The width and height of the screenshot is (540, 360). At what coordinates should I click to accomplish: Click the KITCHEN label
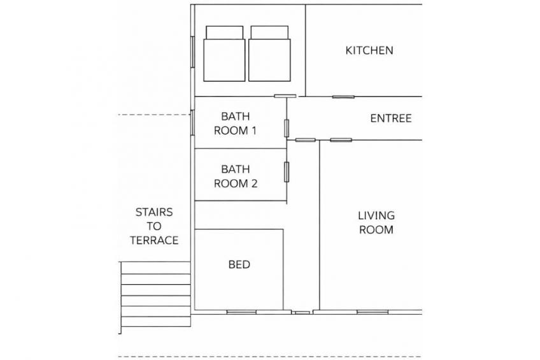[369, 50]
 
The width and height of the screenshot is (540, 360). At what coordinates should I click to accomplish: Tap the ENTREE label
[391, 119]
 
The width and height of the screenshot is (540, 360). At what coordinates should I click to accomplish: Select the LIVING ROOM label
[376, 222]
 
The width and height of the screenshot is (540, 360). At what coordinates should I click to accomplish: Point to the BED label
[239, 264]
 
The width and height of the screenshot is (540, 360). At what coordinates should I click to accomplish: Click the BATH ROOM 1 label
[235, 124]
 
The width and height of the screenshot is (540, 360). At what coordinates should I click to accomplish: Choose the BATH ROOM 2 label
[236, 176]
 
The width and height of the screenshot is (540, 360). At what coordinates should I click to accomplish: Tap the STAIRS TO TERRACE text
[154, 226]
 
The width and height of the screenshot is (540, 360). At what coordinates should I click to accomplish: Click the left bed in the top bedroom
[224, 54]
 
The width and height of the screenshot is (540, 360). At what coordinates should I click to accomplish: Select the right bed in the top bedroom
[269, 54]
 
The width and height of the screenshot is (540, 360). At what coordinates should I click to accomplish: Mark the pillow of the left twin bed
[225, 32]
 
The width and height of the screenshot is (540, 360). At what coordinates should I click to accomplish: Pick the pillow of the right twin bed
[269, 32]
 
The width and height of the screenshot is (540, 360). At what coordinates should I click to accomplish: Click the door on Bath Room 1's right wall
[287, 129]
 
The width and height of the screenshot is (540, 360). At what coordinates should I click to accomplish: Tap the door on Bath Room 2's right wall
[287, 172]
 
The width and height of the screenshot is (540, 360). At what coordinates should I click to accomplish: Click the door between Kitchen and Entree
[343, 97]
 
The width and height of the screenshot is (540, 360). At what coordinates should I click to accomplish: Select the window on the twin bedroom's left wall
[192, 52]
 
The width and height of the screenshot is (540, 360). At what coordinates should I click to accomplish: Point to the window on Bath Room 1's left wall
[192, 122]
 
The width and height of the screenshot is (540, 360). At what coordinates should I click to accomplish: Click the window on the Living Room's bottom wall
[373, 312]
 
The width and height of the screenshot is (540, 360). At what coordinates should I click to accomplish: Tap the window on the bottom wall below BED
[241, 312]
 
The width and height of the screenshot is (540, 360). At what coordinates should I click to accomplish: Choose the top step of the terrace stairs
[155, 268]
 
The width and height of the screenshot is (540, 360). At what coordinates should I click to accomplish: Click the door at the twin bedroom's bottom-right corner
[285, 96]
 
